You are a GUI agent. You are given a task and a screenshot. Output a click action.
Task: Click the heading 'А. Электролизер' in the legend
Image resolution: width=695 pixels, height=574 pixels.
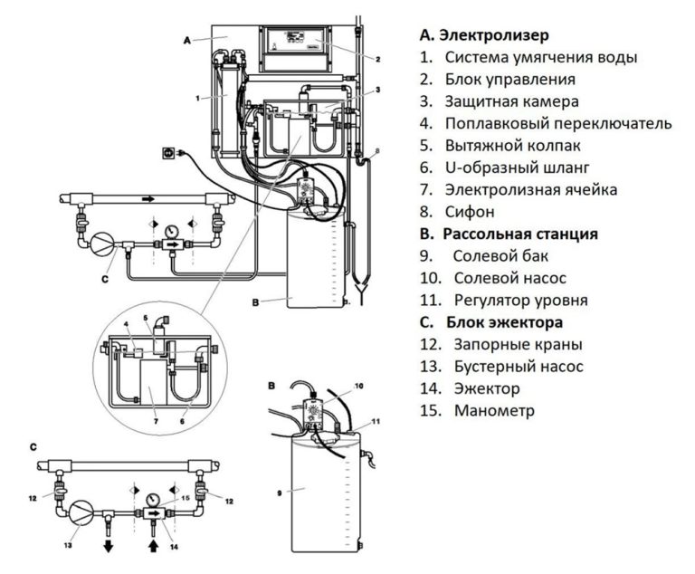484,35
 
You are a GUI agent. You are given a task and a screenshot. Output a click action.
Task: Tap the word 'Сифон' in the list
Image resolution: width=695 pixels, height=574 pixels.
470,212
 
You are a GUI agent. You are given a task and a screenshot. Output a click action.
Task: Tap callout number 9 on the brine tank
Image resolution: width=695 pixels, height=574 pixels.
280,493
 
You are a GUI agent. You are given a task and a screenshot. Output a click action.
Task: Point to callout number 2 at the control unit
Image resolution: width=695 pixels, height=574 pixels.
377,60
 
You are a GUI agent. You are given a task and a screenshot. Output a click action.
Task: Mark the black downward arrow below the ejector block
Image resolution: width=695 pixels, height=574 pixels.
106,547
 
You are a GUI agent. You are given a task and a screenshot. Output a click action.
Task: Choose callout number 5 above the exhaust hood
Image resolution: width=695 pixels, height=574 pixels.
144,319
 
